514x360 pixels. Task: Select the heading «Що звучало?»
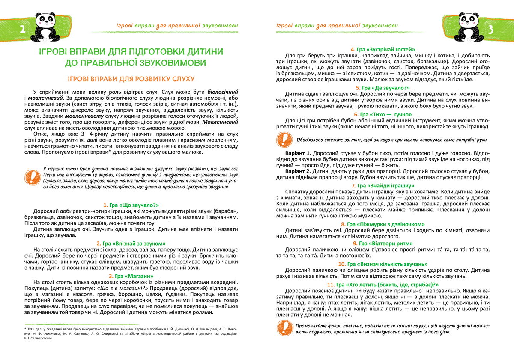[131, 205]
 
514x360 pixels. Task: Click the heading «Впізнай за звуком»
[131, 244]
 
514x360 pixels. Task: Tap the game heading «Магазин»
[131, 276]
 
